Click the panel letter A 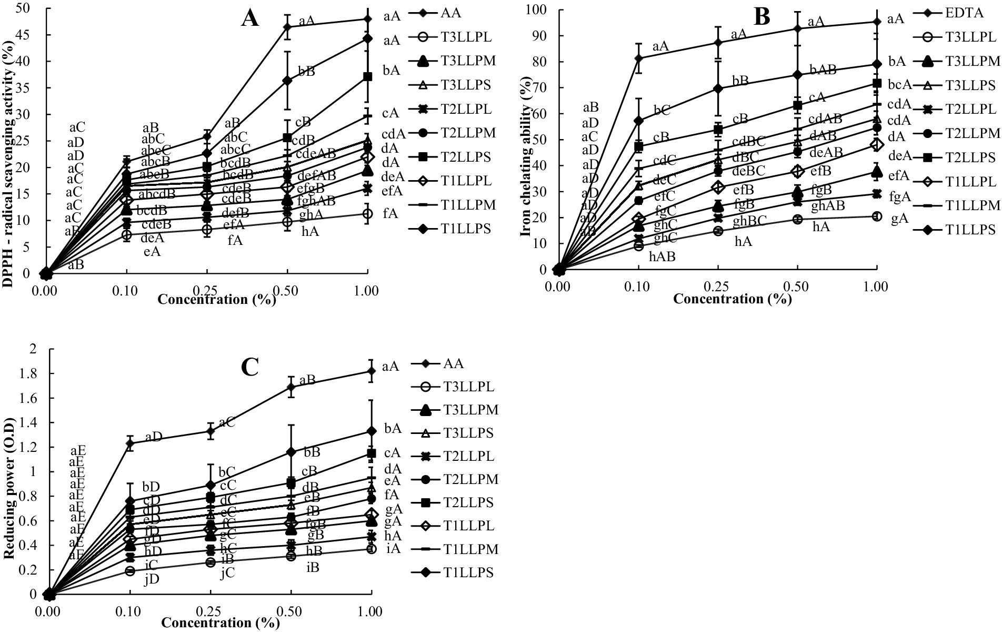[250, 19]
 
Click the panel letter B [761, 17]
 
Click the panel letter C [249, 367]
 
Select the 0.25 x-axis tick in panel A [207, 290]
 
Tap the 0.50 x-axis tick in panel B [797, 287]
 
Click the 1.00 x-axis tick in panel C [370, 613]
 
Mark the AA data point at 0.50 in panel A [287, 27]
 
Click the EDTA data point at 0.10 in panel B [638, 58]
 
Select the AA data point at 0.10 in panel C [129, 443]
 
